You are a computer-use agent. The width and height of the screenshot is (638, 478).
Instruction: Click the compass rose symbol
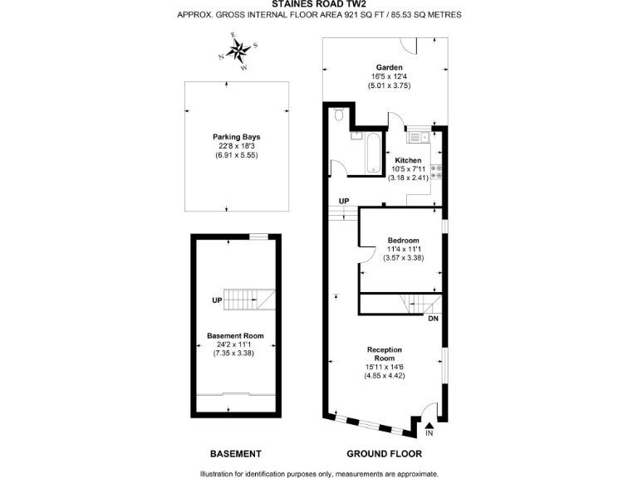pyautogui.click(x=241, y=51)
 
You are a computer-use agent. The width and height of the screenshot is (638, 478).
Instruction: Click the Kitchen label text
pyautogui.click(x=408, y=160)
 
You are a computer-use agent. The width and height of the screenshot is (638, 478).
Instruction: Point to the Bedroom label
pyautogui.click(x=403, y=241)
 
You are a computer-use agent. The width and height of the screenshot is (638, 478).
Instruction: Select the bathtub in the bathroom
pyautogui.click(x=372, y=152)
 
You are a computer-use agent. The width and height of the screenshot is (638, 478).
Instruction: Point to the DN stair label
pyautogui.click(x=433, y=318)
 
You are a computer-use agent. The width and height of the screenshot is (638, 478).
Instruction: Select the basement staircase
pyautogui.click(x=252, y=298)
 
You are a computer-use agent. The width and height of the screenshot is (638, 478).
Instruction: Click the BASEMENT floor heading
pyautogui.click(x=235, y=454)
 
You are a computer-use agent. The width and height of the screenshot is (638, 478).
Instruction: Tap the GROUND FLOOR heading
pyautogui.click(x=384, y=454)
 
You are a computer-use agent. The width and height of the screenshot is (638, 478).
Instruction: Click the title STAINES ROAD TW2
pyautogui.click(x=319, y=4)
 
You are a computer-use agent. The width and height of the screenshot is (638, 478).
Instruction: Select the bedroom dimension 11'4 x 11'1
pyautogui.click(x=403, y=250)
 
